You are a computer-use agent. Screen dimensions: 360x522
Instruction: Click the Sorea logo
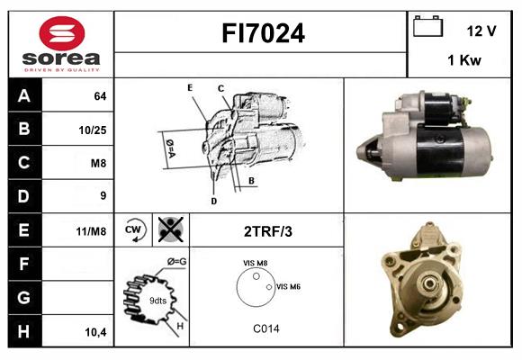tap(61, 44)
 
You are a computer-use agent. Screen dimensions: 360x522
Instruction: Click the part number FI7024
tap(263, 34)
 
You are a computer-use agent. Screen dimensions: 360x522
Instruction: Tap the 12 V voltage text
tap(481, 31)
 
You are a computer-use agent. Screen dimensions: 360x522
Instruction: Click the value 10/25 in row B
tap(92, 130)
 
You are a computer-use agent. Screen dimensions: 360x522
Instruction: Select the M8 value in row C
tap(99, 163)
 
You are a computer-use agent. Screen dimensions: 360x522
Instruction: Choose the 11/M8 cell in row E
tap(92, 231)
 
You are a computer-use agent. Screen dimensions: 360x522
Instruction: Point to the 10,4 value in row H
tap(95, 332)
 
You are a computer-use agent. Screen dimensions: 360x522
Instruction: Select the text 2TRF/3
tap(268, 231)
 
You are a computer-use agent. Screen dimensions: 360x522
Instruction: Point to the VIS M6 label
tap(288, 286)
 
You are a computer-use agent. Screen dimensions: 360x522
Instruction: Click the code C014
tap(266, 329)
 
